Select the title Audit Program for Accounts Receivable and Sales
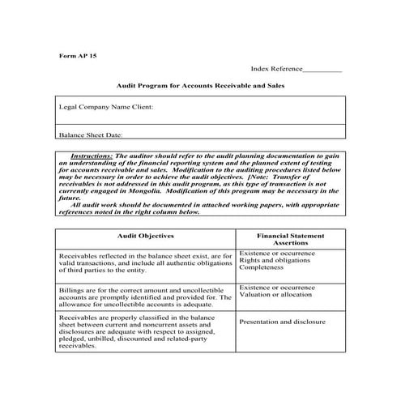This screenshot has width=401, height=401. (x=200, y=85)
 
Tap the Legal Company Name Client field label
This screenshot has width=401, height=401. (x=106, y=106)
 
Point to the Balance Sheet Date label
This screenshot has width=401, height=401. (x=91, y=135)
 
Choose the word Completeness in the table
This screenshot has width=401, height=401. (x=261, y=267)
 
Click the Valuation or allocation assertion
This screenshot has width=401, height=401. (x=275, y=294)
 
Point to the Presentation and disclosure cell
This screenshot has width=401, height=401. (x=283, y=322)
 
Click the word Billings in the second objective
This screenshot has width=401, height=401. (x=72, y=288)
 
